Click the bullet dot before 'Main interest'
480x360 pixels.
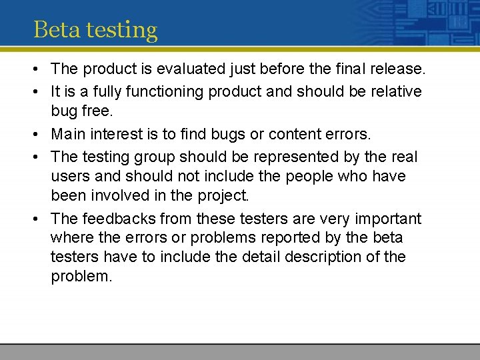pos(37,135)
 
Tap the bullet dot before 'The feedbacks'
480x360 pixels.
pos(37,219)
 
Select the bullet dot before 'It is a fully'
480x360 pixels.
pos(37,91)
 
